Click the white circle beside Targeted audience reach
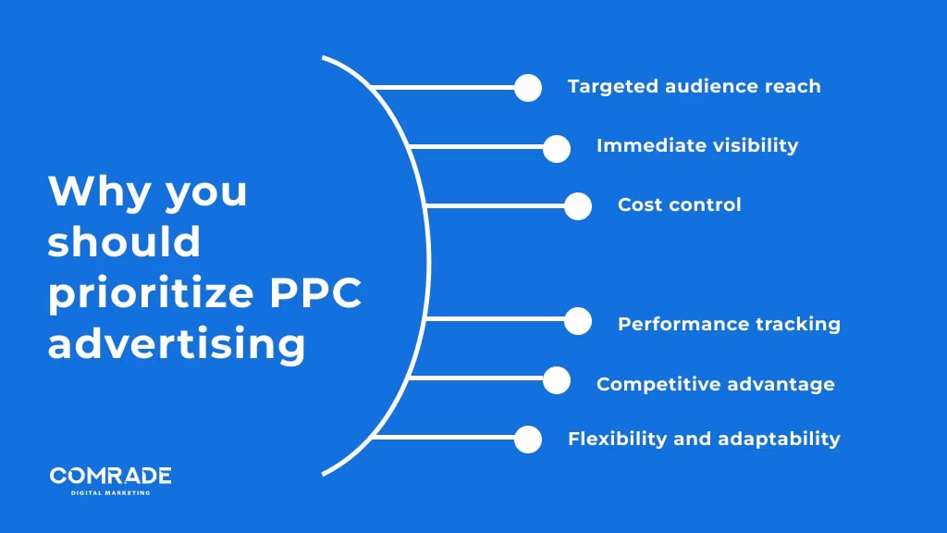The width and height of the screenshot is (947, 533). coord(528,88)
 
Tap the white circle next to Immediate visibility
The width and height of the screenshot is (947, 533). coord(557,148)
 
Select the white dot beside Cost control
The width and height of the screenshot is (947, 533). coord(578,206)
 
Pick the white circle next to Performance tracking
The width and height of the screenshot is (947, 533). coord(578,321)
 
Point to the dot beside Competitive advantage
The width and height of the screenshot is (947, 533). coord(557,380)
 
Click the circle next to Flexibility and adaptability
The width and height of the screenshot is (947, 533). coord(528,439)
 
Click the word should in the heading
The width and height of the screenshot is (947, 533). coord(124,242)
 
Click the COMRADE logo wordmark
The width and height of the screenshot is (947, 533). coord(110,476)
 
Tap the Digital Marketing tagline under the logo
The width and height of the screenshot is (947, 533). coord(110,492)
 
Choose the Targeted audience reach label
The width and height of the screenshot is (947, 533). coord(694,87)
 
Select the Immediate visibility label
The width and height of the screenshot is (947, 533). coord(697,145)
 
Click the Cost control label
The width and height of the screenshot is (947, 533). coord(679,205)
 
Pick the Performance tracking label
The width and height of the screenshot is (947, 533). coord(729,324)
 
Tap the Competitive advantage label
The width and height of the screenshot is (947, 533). coord(715,383)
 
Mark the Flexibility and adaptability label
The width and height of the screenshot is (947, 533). coord(704,439)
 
